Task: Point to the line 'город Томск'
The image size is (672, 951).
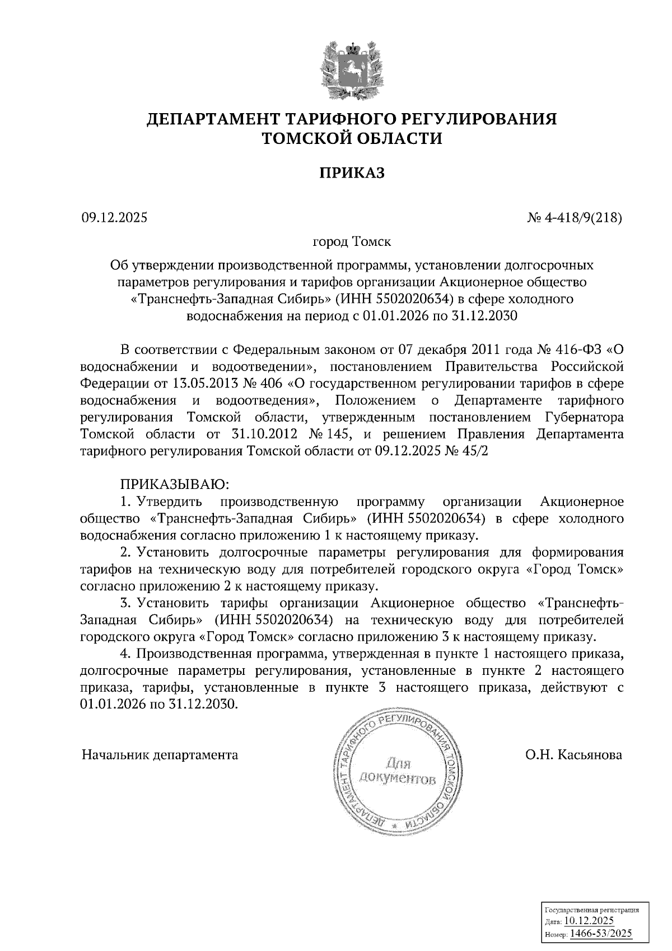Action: coord(352,243)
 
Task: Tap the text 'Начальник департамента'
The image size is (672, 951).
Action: coord(160,755)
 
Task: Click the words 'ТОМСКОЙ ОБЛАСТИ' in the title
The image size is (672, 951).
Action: coord(352,138)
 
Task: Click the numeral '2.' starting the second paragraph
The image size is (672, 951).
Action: coord(125,553)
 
